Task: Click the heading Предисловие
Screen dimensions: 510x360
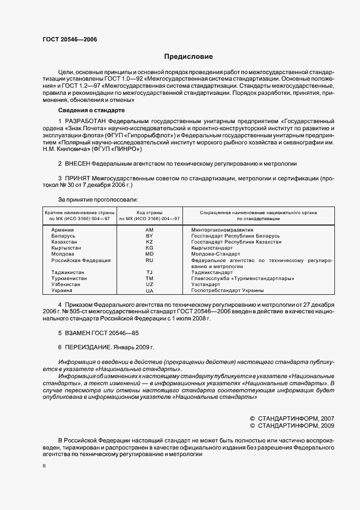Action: (x=188, y=57)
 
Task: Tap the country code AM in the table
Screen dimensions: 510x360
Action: (x=150, y=230)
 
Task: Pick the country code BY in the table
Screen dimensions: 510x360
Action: (x=150, y=236)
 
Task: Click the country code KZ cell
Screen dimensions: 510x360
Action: (x=150, y=241)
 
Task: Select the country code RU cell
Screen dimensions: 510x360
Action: (x=150, y=260)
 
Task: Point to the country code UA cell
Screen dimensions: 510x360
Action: (x=150, y=290)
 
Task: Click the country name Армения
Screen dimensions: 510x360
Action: (x=63, y=230)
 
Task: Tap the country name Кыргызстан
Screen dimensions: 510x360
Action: (x=66, y=248)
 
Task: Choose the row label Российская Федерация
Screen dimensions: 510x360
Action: (x=81, y=260)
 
